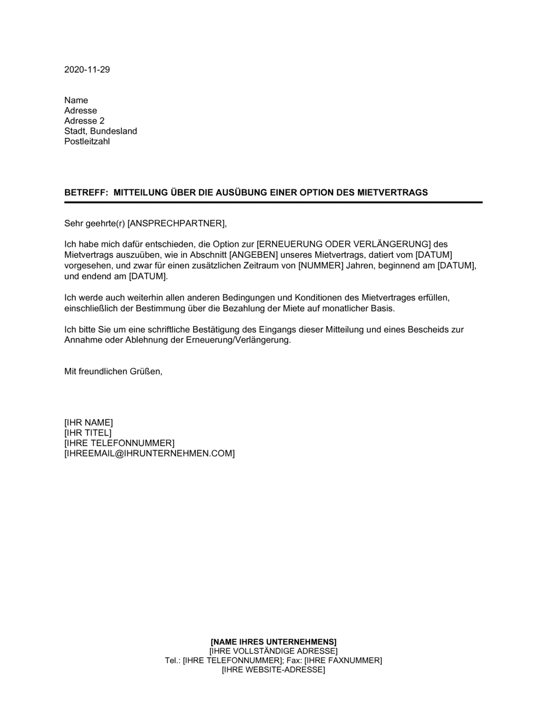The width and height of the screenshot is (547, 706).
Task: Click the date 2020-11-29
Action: [87, 70]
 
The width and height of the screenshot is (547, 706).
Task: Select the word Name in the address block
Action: [76, 100]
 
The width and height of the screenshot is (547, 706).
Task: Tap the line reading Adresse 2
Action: [84, 121]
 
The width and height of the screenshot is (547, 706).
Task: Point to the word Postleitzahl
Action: [87, 141]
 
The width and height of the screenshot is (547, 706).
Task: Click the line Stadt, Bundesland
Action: [101, 131]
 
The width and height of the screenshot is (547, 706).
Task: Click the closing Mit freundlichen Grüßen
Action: [113, 371]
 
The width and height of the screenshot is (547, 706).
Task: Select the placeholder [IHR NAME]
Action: [89, 423]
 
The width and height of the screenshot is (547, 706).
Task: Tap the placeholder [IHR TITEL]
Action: [88, 433]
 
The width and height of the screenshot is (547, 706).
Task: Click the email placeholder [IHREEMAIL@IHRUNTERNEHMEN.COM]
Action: [149, 454]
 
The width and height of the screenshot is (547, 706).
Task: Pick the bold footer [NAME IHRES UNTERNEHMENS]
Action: [273, 641]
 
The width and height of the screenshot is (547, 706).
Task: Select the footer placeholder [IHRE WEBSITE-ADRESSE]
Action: [273, 670]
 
